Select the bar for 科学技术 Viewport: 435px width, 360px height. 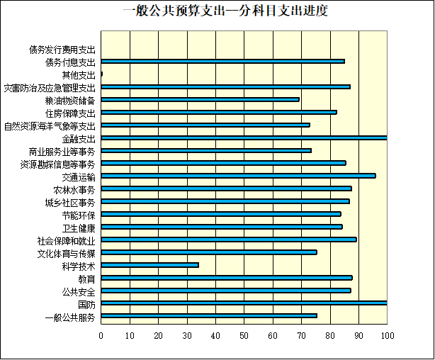pyautogui.click(x=149, y=265)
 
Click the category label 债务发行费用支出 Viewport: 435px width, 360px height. pyautogui.click(x=62, y=50)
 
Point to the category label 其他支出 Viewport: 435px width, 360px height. pyautogui.click(x=78, y=75)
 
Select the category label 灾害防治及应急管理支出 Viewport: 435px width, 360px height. pyautogui.click(x=49, y=88)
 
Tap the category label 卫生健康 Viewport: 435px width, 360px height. pyautogui.click(x=79, y=227)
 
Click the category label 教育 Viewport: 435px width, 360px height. pyautogui.click(x=86, y=279)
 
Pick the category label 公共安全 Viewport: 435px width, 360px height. pyautogui.click(x=79, y=291)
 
